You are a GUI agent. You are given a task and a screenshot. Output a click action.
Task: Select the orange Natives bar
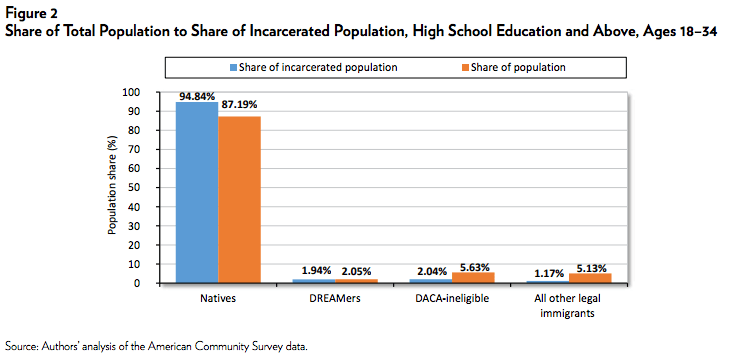click(239, 200)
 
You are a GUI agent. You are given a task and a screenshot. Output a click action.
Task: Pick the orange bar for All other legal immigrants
click(589, 278)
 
